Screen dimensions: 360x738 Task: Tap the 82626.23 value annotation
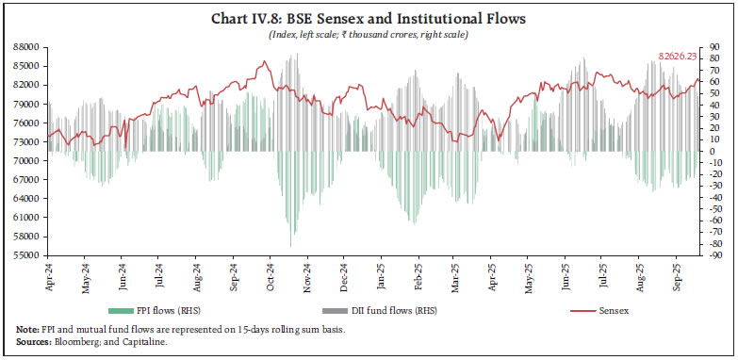678,57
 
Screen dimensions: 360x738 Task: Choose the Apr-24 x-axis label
49,274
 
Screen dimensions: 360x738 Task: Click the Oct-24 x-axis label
270,274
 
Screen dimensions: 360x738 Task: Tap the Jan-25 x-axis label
381,274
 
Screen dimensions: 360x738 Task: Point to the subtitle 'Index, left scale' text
303,35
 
